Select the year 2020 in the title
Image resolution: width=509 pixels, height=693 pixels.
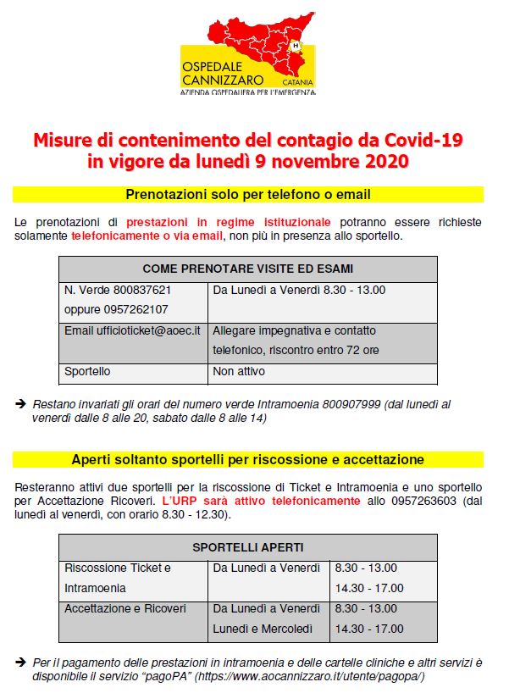382,159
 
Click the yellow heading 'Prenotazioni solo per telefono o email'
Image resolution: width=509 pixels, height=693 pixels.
248,195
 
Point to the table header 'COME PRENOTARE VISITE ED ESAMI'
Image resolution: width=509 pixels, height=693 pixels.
248,269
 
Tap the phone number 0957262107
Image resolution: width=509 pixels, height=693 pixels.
129,309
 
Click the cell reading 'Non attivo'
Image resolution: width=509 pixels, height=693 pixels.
239,371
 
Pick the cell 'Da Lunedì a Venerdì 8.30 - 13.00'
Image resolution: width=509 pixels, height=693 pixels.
299,290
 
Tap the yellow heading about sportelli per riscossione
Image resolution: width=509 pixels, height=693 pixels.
248,459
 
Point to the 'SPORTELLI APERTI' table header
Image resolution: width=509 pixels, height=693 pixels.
248,547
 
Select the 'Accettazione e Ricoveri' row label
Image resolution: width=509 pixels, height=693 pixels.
125,608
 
